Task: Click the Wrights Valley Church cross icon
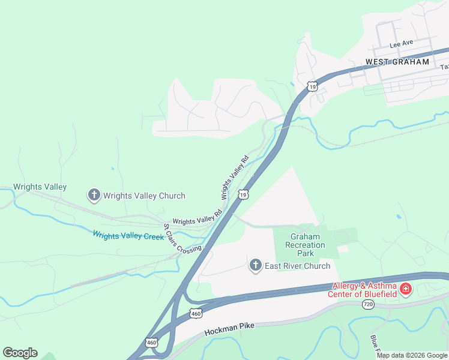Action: [94, 195]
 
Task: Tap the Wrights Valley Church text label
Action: [144, 196]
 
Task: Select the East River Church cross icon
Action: [256, 265]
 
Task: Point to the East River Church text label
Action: [298, 266]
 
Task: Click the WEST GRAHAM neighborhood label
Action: [398, 62]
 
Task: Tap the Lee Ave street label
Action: [402, 44]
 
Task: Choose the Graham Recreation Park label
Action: [305, 245]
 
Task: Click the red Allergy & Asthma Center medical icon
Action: [406, 290]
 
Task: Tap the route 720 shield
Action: [369, 305]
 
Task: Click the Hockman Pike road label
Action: [229, 329]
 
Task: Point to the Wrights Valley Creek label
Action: [128, 236]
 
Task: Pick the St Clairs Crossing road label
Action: [182, 239]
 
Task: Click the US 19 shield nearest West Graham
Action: [312, 86]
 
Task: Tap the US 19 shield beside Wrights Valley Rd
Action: [243, 194]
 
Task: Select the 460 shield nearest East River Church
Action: [196, 313]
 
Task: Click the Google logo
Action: [20, 353]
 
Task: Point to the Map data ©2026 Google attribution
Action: [412, 355]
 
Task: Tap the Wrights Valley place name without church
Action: [40, 187]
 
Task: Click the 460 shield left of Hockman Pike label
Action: [151, 343]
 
